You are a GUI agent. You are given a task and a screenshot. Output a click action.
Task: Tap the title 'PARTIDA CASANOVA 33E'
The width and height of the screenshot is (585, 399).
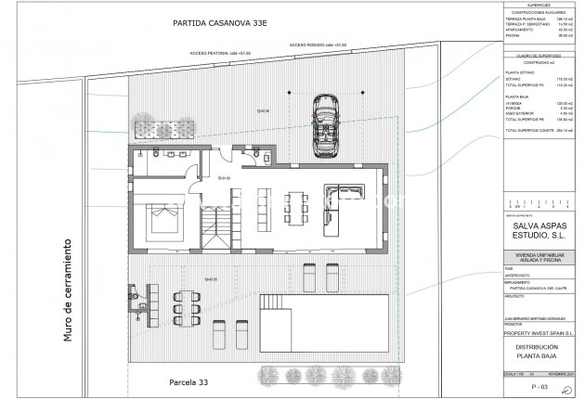pos(225,22)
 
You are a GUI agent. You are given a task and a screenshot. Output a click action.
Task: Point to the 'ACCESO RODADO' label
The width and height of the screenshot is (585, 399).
pos(317,45)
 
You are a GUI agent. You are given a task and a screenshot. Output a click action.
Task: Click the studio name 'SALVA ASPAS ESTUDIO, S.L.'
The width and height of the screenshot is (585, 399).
pos(539,229)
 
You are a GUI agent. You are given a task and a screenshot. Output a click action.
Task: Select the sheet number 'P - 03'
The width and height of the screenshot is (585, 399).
pos(539,384)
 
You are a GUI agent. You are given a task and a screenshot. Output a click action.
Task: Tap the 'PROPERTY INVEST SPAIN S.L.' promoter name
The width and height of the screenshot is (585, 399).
pos(539,332)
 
